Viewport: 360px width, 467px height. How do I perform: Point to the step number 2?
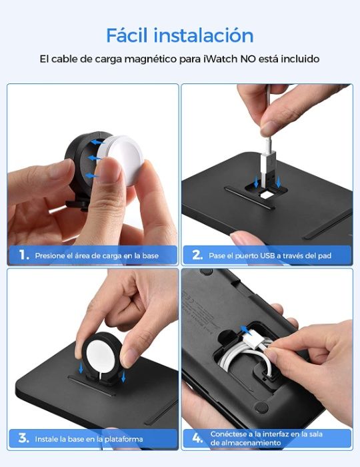click(197, 255)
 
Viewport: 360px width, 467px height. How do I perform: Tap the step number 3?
click(23, 438)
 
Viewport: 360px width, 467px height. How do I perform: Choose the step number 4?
click(197, 438)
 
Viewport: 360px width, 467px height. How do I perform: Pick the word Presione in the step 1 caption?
click(50, 256)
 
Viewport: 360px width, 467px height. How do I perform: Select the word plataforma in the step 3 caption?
click(122, 439)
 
